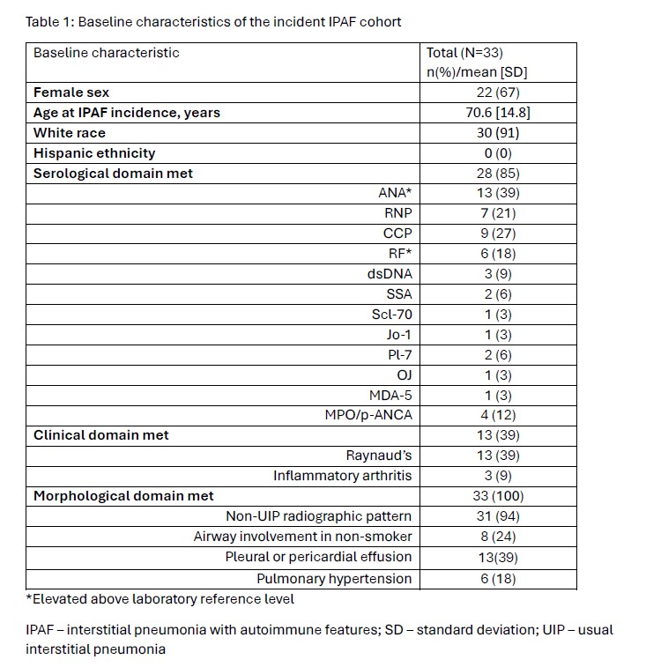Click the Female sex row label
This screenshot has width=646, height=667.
click(71, 92)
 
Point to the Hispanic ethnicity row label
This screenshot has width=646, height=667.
click(94, 153)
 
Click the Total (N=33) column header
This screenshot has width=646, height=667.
click(464, 53)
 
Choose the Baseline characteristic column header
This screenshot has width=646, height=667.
click(106, 53)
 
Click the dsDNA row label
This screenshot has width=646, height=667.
click(390, 273)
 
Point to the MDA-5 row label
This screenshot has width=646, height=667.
click(389, 395)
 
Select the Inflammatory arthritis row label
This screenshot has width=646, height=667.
click(342, 476)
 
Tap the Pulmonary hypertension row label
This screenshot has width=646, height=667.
click(334, 579)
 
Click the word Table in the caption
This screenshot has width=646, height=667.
click(41, 21)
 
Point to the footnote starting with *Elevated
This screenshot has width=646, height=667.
click(160, 599)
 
